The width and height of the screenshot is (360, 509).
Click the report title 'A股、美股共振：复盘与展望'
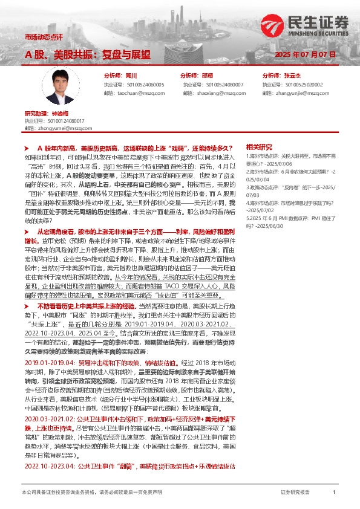[87, 55]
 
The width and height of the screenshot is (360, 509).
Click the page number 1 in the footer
[334, 493]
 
